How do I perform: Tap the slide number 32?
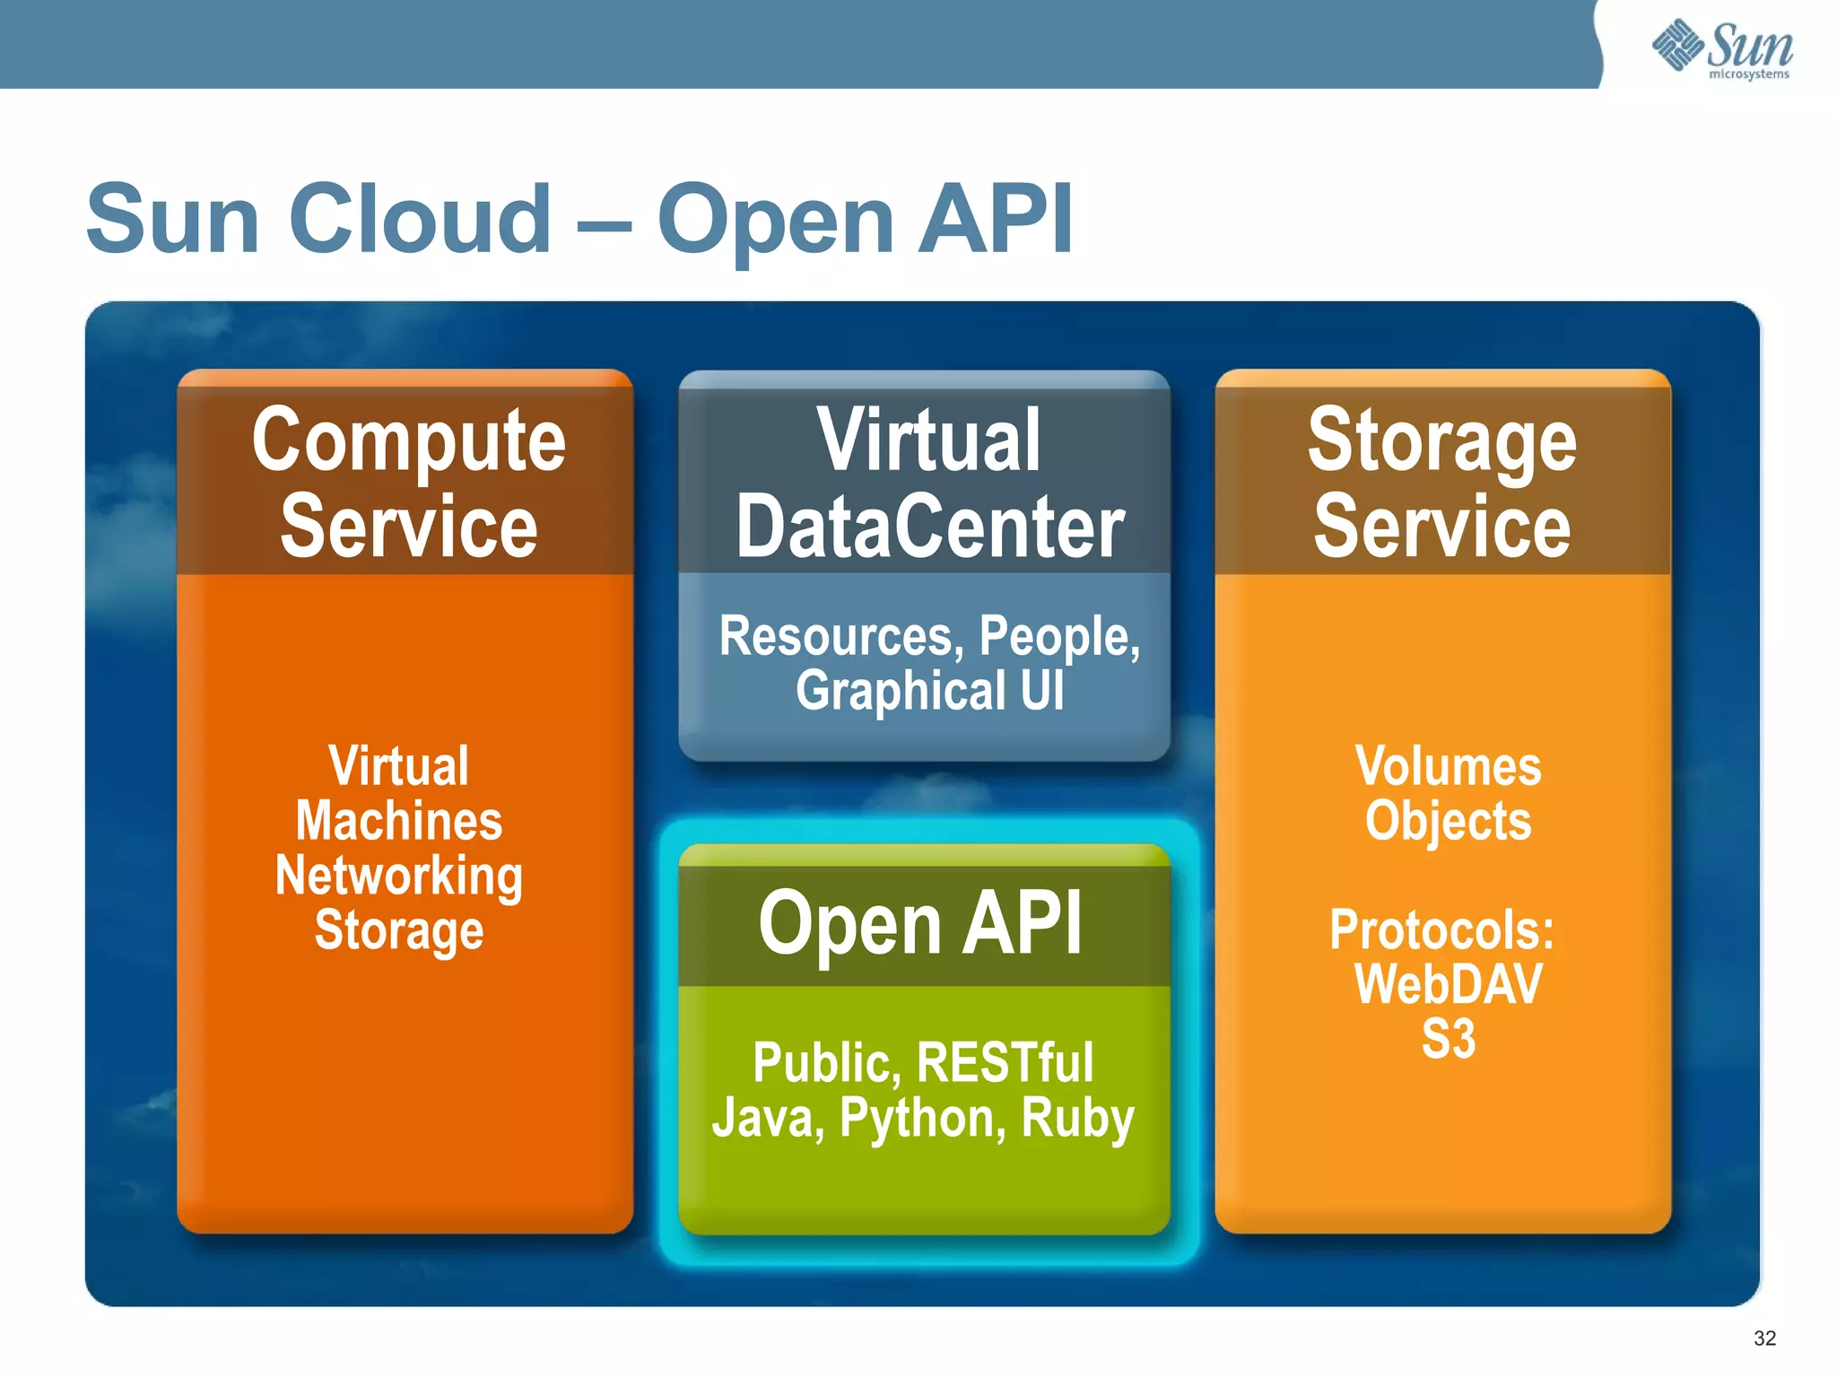coord(1764,1339)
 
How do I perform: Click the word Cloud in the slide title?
coord(420,219)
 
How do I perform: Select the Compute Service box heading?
coord(408,482)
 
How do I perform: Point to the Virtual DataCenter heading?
coord(928,482)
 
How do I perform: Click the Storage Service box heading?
coord(1441,482)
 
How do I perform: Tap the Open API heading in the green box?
coord(921,923)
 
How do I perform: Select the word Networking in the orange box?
coord(399,876)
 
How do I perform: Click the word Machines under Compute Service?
coord(399,821)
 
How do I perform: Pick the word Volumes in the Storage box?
coord(1448,766)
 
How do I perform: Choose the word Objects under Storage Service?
coord(1448,821)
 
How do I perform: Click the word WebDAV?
coord(1448,984)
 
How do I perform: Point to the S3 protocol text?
coord(1448,1039)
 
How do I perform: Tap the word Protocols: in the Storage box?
coord(1441,929)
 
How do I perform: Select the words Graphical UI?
coord(930,691)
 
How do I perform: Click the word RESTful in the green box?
coord(1006,1063)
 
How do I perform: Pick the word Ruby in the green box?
coord(1077,1119)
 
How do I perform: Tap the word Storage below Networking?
coord(399,930)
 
